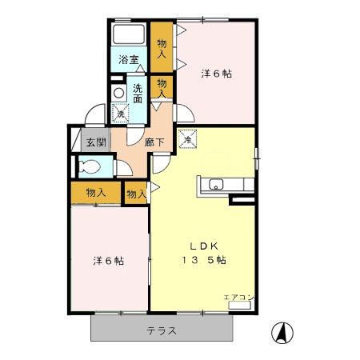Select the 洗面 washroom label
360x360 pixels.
(138, 93)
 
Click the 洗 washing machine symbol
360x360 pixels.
(120, 114)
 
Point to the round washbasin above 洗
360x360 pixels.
(119, 93)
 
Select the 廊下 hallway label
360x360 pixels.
(154, 144)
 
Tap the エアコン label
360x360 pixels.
(238, 298)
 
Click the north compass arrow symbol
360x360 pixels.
(282, 330)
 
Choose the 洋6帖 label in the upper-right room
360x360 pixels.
(215, 74)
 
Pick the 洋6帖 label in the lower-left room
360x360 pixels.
(107, 261)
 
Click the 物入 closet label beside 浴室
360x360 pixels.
(162, 48)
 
